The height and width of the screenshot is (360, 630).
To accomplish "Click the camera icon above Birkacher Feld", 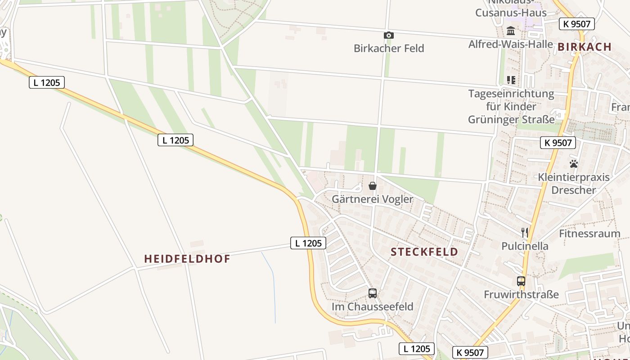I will pos(389,35).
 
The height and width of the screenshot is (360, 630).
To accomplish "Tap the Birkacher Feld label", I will pos(389,48).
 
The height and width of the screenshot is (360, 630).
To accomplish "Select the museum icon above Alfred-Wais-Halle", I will pos(511,31).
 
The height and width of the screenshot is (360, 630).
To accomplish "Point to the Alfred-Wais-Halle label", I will pos(510,44).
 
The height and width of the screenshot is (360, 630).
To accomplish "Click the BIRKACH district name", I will pos(585,47).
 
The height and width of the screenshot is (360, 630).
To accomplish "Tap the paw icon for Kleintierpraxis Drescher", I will pos(574,164).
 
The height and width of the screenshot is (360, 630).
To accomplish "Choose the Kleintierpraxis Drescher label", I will pos(574,183).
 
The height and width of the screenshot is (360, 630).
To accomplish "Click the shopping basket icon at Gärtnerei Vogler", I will pos(373,186).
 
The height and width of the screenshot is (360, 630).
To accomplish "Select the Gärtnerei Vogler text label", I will pos(372,199).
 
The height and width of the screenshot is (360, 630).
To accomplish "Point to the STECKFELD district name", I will pos(424,252).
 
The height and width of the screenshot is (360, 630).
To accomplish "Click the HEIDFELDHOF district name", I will pos(187,259).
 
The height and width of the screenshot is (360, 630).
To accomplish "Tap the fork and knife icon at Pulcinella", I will pos(525,233).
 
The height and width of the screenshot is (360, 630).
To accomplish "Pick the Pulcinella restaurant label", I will pos(525,246).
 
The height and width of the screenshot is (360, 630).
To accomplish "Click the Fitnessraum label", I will pos(589,234).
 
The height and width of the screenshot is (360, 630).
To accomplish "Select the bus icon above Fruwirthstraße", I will pos(521,281).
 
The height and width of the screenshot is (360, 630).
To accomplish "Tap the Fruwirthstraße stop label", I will pos(521,295).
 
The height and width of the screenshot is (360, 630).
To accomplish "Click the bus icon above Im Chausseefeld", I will pos(373,293).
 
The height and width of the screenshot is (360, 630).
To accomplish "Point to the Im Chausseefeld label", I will pos(372,307).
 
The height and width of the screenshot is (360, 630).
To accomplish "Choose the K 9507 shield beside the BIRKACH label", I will pos(577,24).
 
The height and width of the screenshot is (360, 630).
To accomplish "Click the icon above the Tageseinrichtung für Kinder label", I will pos(511,80).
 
